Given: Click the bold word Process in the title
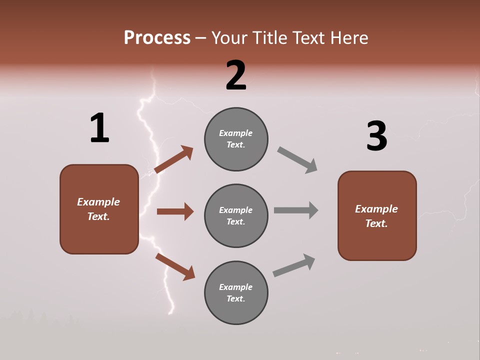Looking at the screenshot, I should coord(157,37).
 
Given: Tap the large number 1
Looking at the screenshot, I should coord(99,128).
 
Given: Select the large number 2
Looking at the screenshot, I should coord(236,75).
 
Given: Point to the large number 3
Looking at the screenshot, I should coord(376,136).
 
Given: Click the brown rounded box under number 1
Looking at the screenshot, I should coord(99,209).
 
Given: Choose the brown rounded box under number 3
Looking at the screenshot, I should coord(377,215).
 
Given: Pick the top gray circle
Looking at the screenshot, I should coord(236,139).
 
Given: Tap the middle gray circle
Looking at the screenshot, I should coord(236,215).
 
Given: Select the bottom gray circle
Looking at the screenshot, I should coord(236,292).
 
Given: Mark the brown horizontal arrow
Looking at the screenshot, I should coord(175,211).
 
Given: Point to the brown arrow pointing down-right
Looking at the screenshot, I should coord(175,266).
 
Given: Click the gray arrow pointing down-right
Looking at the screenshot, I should coord(297,160).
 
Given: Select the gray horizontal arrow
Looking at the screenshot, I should coord(296,210).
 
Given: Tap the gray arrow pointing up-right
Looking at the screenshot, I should coord(294,265).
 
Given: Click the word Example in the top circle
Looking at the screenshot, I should coord(236,133).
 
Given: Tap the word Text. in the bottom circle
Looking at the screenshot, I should coord(236,298).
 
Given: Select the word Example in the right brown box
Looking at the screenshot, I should coord(376,209).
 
